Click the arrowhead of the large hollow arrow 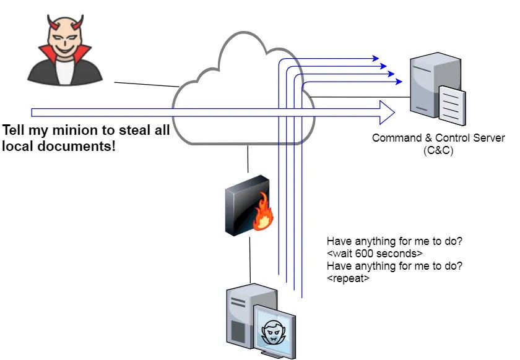pos(388,112)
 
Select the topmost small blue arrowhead pos(375,59)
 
